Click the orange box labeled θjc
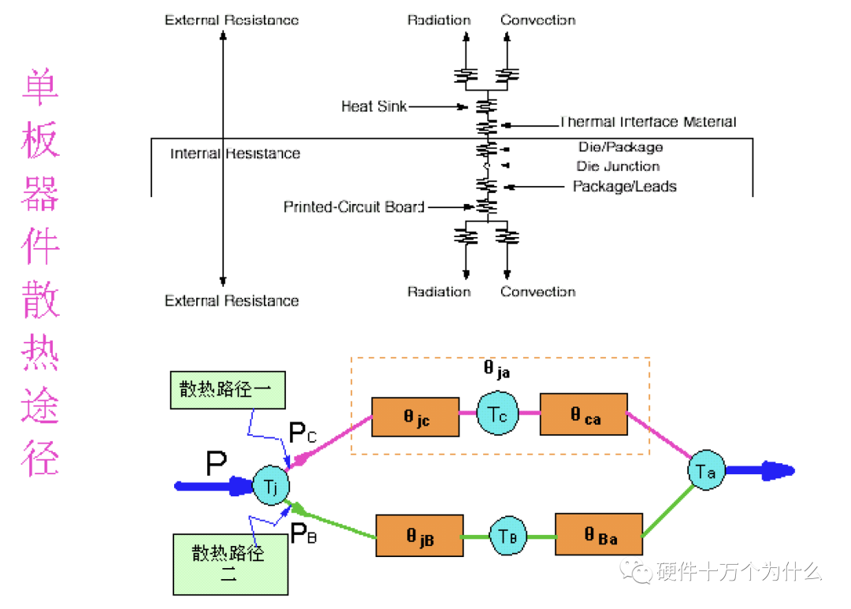pyautogui.click(x=415, y=417)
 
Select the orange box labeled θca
pyautogui.click(x=584, y=414)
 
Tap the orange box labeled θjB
pyautogui.click(x=419, y=535)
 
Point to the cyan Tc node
pyautogui.click(x=497, y=413)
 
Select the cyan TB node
pyautogui.click(x=507, y=535)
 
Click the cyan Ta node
pyautogui.click(x=706, y=471)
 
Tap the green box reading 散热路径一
pyautogui.click(x=227, y=390)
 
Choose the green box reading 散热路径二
pyautogui.click(x=229, y=563)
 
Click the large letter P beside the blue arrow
pyautogui.click(x=217, y=465)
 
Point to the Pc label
pyautogui.click(x=303, y=433)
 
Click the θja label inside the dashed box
pyautogui.click(x=496, y=369)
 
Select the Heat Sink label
pyautogui.click(x=373, y=106)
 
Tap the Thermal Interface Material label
pyautogui.click(x=648, y=122)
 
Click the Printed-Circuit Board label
pyautogui.click(x=354, y=207)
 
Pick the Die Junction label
pyautogui.click(x=618, y=166)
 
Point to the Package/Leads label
pyautogui.click(x=624, y=187)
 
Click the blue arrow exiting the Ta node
pyautogui.click(x=760, y=471)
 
